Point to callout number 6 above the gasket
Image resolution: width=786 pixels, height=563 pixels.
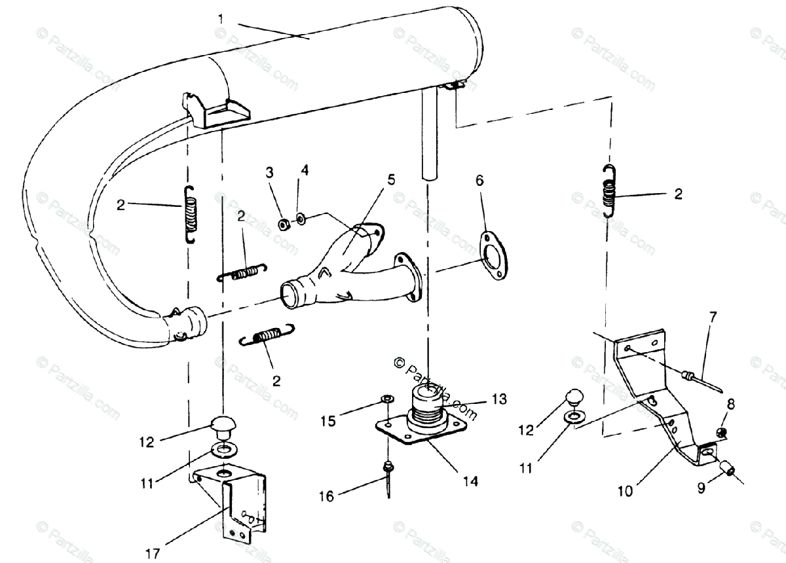tap(479, 181)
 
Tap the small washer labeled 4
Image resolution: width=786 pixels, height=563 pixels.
tap(300, 219)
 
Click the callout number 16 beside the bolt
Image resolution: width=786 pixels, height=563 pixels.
tap(326, 497)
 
